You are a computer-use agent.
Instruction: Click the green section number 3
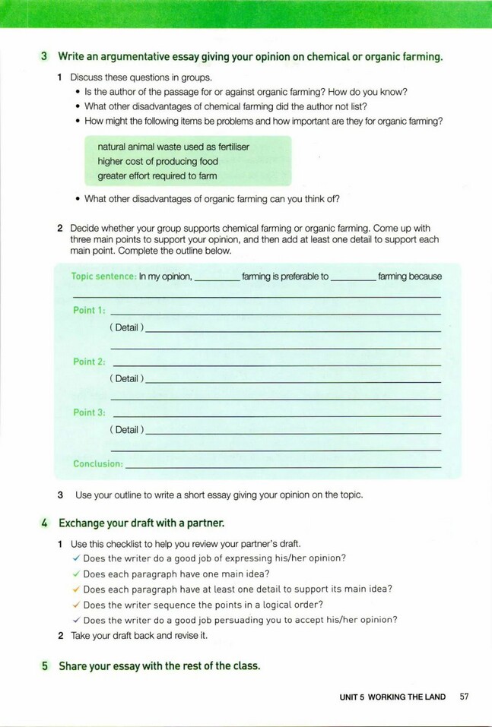45,57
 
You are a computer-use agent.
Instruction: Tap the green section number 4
45,523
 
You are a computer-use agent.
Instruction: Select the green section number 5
45,666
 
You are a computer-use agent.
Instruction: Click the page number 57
464,697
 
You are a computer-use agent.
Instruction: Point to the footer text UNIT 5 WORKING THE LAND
392,697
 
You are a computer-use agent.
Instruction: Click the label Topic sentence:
103,277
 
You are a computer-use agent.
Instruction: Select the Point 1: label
89,310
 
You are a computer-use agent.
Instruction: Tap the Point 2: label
89,362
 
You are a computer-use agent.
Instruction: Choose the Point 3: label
89,412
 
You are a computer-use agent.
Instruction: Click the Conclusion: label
97,463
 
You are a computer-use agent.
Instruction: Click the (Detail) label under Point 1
126,327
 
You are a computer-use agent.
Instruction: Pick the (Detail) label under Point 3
126,429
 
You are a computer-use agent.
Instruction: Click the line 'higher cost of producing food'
157,161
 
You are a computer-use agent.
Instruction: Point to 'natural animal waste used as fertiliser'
173,147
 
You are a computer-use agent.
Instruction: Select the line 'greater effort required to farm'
157,175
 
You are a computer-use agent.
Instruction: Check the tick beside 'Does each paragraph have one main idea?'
76,574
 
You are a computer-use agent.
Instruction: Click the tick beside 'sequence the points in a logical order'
76,605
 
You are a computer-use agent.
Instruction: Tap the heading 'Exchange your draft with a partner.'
141,523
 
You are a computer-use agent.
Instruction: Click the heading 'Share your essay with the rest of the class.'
159,666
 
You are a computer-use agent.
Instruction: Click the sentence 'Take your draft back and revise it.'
139,635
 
